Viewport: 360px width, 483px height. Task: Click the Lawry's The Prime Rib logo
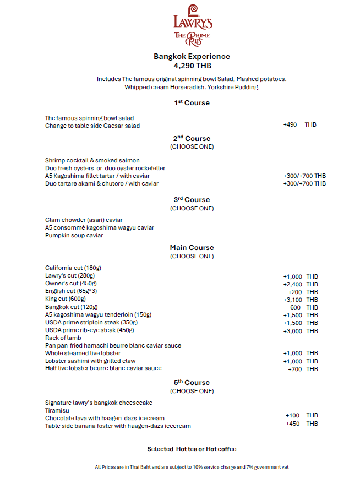192,25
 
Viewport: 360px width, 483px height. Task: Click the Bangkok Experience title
192,56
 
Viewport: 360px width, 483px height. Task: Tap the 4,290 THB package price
192,66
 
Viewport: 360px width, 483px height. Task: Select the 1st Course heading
192,103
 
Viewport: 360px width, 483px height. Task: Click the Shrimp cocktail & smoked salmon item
92,160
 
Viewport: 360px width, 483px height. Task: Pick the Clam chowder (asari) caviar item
85,220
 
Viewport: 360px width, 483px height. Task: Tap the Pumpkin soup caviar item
74,235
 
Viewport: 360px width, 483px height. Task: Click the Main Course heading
192,248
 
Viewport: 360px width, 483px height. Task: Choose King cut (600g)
66,299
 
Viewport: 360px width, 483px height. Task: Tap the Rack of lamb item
64,338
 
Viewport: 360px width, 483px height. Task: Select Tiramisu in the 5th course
57,410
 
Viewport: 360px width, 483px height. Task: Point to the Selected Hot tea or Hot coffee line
192,449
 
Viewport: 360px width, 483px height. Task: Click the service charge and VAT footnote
192,467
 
